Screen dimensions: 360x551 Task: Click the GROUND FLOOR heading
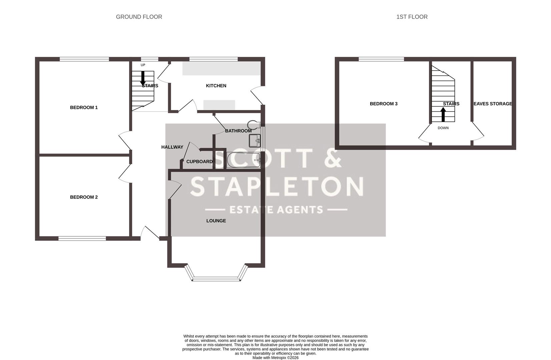139,17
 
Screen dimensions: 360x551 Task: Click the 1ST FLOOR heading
412,17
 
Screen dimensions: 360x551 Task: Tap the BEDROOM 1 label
84,107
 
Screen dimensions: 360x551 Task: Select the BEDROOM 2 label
84,197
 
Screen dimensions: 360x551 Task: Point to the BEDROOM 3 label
384,104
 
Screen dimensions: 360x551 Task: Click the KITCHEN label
216,86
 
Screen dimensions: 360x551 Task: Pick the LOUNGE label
216,221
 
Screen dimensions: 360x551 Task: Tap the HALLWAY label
172,147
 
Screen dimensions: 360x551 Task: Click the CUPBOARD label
199,162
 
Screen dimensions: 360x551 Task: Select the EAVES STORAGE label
493,104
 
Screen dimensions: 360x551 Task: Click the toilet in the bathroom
254,124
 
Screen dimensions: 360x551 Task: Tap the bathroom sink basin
255,141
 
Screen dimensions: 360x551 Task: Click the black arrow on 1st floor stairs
443,114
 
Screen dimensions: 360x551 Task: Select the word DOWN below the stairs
443,128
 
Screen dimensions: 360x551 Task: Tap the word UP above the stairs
143,65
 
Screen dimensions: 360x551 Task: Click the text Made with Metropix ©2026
275,358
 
